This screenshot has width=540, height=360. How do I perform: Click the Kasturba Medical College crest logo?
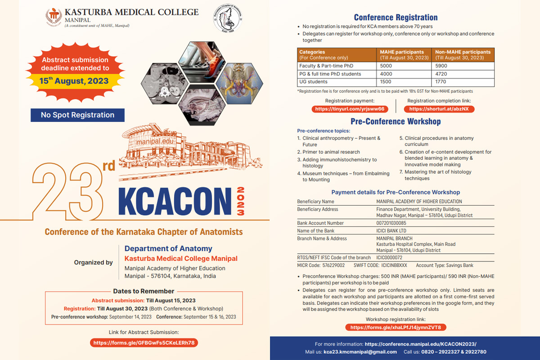coord(54,17)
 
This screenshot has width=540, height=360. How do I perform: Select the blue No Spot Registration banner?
coord(77,115)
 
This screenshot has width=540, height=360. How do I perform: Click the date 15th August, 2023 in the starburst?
coord(74,81)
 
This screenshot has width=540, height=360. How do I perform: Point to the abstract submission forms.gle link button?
coord(144,342)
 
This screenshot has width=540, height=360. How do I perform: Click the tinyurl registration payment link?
coord(350,109)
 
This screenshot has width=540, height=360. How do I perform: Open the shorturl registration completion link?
coord(439,109)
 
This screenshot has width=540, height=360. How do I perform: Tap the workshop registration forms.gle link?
coord(396,327)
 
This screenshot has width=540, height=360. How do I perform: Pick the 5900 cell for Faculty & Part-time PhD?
coord(441,66)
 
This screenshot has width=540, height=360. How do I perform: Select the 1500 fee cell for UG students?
coord(386,82)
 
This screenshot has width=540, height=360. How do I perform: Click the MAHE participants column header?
coord(402,52)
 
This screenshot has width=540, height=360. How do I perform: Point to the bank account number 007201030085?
coord(391,223)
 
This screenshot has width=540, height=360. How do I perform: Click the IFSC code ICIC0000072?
coord(389,257)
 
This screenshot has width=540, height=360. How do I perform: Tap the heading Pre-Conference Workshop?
coord(396,121)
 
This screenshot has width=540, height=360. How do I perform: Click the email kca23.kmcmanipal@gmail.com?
coord(360,351)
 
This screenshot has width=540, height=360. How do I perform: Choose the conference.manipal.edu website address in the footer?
coord(420,343)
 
